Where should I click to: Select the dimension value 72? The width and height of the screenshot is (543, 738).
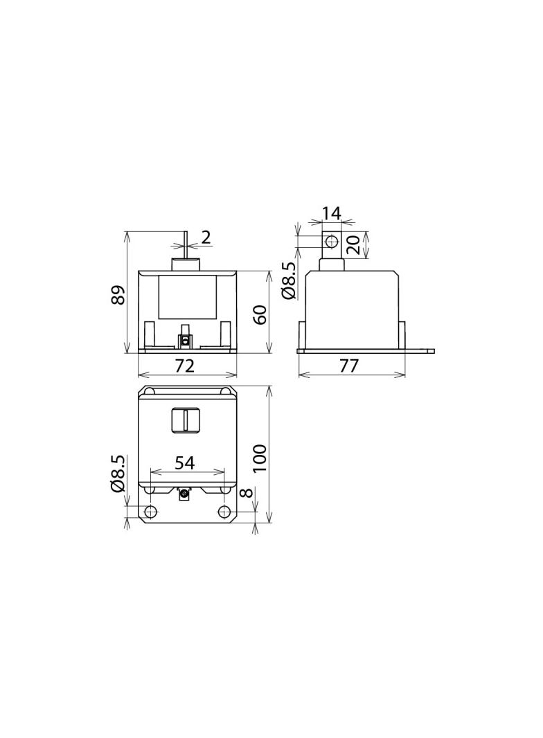coord(185,366)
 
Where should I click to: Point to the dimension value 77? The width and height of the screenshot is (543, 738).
coord(349,366)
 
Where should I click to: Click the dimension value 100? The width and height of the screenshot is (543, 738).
coord(259,458)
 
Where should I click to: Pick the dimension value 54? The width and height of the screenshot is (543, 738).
coord(185,463)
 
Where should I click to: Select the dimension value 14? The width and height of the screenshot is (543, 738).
coord(331,213)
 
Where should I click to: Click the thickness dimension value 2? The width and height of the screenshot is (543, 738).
coord(206,237)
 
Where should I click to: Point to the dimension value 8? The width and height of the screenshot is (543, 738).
coord(247,493)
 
